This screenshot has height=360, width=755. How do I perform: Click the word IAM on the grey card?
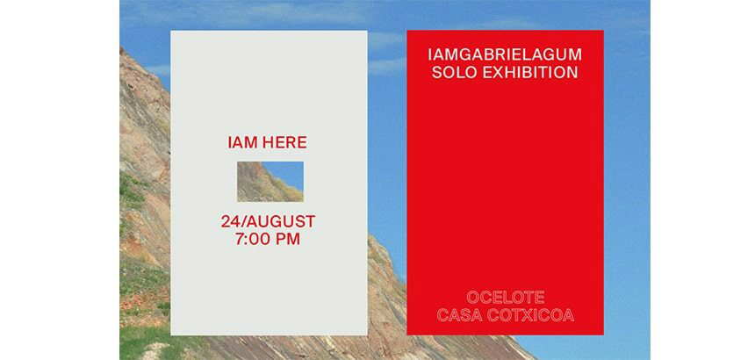(x=240, y=142)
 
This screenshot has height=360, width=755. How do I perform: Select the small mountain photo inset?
(x=270, y=182)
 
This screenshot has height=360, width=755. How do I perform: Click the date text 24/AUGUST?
(x=268, y=221)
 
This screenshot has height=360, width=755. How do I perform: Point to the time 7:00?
(x=253, y=239)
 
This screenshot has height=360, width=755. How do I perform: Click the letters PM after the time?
(x=288, y=239)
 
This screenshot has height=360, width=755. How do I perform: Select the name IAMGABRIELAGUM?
(x=505, y=54)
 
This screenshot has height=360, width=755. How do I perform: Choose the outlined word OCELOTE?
(x=506, y=297)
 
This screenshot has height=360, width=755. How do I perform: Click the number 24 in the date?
(x=230, y=221)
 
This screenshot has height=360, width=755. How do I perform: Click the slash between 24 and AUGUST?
(x=242, y=221)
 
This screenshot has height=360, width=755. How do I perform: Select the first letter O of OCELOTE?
(x=473, y=297)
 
